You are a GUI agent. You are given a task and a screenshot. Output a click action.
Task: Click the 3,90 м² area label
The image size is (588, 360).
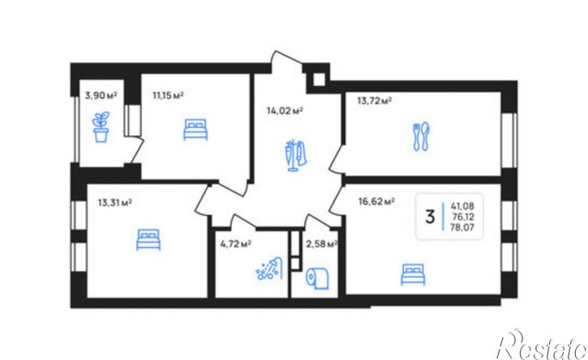(101, 95)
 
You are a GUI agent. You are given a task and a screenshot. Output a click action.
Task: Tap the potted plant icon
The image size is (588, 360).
(101, 126)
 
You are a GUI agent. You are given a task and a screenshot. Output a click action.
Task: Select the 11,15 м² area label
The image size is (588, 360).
(168, 95)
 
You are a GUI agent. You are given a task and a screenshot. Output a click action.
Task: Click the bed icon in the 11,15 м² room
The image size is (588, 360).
(195, 130)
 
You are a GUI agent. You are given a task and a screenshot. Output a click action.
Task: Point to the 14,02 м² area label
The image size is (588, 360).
(285, 110)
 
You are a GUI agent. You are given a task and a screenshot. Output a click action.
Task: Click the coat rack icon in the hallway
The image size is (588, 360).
(295, 155)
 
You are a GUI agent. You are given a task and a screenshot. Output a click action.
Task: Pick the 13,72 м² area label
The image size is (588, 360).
(375, 101)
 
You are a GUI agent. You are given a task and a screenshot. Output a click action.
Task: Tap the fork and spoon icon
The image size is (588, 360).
(422, 136)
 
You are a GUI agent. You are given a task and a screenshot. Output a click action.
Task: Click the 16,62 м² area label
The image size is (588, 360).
(376, 202)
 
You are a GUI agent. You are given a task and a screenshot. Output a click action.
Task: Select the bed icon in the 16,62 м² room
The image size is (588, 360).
(414, 274)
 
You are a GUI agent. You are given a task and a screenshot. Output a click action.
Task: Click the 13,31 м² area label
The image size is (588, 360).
(114, 203)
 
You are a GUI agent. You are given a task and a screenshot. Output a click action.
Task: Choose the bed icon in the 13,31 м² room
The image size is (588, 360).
(148, 240)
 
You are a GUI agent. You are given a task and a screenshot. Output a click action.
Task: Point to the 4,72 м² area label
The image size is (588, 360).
(236, 244)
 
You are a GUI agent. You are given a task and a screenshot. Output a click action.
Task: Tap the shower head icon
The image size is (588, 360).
(269, 268)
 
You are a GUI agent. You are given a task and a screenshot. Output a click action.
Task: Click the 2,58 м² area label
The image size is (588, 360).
(322, 245)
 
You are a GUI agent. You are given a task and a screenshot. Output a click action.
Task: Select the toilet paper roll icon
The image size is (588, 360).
(317, 279)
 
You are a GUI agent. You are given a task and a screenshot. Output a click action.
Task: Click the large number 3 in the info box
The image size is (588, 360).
(430, 216)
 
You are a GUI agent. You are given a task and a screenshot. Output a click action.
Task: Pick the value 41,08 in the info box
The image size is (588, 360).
(462, 206)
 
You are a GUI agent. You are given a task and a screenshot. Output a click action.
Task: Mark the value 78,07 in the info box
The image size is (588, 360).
(463, 227)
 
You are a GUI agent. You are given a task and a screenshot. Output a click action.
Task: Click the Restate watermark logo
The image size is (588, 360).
(542, 345)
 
